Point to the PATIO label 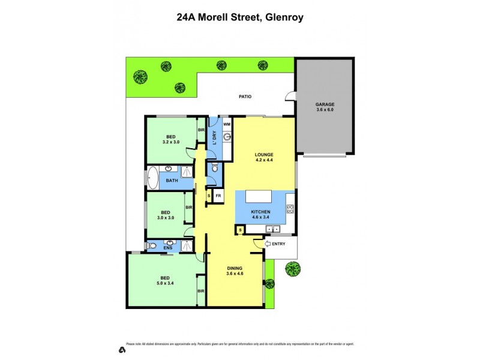point(245,96)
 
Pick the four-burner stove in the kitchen point(290,209)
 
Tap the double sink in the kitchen point(273,229)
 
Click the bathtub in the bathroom point(152,179)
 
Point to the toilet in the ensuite point(152,245)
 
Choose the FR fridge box point(218,196)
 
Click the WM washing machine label point(227,124)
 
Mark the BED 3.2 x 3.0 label point(170,140)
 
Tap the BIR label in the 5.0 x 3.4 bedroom point(201,291)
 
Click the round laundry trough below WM point(227,137)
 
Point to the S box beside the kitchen point(239,230)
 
